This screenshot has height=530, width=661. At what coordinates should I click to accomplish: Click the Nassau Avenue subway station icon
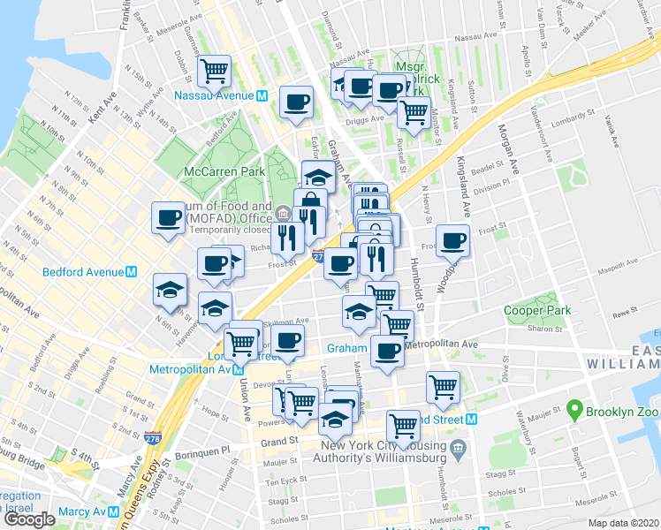coord(262,96)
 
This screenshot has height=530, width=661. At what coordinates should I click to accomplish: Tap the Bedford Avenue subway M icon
coord(130,273)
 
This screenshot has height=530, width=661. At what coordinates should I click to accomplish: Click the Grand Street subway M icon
coord(472,419)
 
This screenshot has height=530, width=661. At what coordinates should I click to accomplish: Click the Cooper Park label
coord(537,310)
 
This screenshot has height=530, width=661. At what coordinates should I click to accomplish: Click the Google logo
coord(29,519)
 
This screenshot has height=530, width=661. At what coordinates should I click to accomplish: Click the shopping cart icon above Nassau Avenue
coord(215,69)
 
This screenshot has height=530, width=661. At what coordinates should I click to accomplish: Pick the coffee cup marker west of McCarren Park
coord(167,218)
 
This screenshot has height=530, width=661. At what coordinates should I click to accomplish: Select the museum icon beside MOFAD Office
coord(281,214)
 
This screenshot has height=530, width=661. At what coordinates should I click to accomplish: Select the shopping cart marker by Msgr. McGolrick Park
coord(413,112)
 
